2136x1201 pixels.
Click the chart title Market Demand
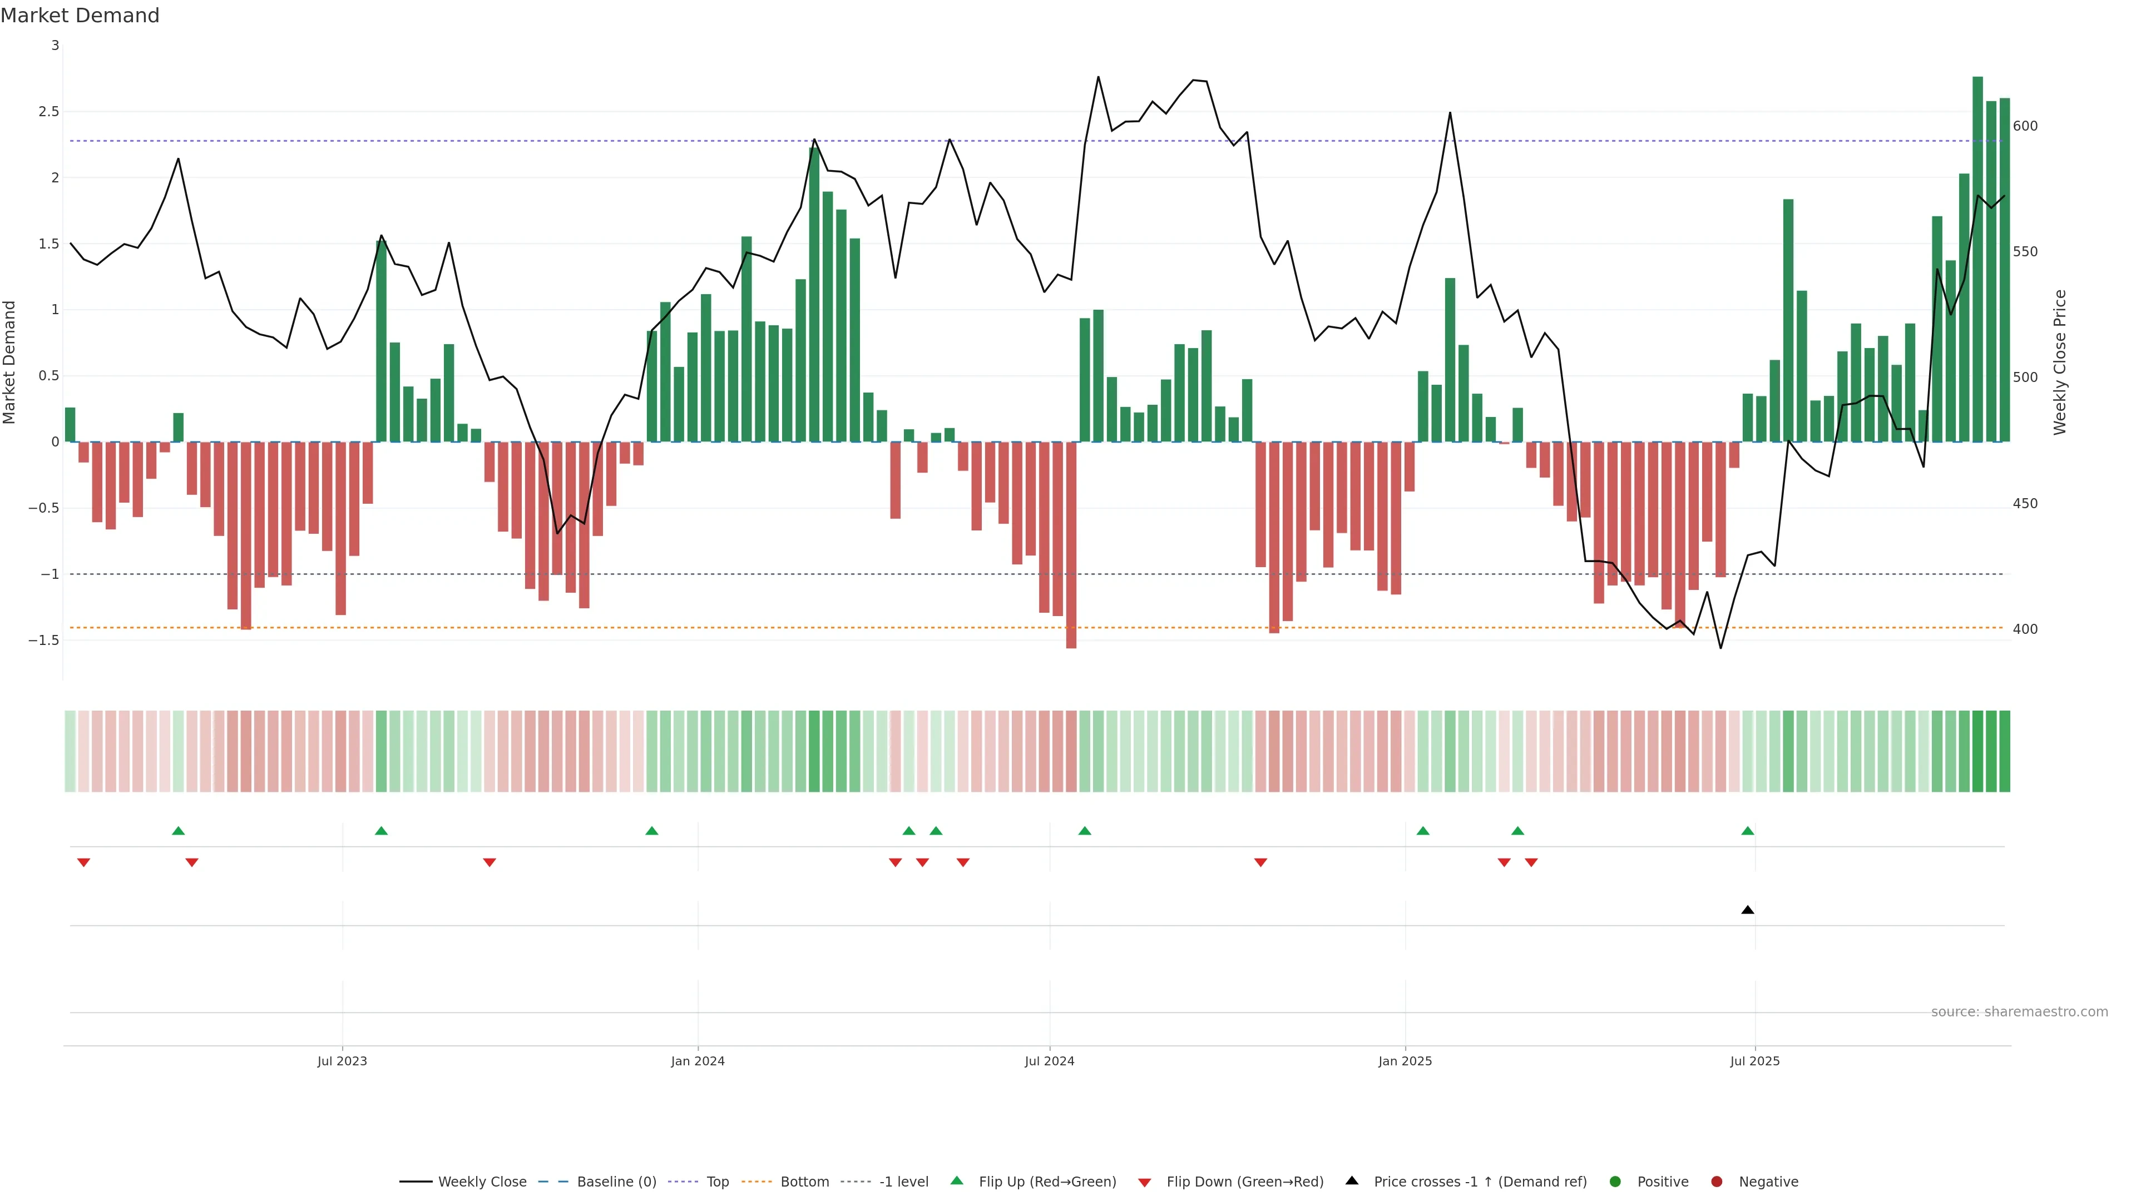(80, 16)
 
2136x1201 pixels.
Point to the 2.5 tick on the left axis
(49, 112)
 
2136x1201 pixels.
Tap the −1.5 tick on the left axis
(44, 641)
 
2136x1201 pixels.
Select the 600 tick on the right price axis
(2025, 126)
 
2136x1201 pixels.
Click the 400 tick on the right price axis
(2025, 629)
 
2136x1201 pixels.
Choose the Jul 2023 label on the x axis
(342, 1061)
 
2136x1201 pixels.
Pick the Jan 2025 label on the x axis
(1405, 1061)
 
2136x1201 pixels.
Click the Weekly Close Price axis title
(2060, 362)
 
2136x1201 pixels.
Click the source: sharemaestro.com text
(2019, 1012)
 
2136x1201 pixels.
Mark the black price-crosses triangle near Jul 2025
(1748, 910)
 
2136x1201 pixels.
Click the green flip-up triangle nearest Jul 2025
(1748, 831)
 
